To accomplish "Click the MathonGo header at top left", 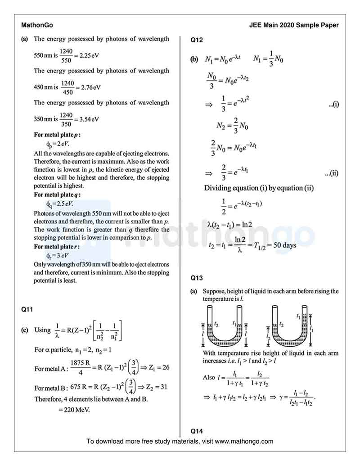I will pos(37,25).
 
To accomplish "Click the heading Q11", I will pos(27,309).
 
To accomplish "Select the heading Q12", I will pos(197,40).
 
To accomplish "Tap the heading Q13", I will pos(197,277).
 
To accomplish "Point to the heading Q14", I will pos(197,430).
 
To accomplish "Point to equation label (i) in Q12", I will pos(333,105).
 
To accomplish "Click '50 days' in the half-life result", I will pos(283,246).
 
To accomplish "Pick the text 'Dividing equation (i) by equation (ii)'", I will pos(259,187).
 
